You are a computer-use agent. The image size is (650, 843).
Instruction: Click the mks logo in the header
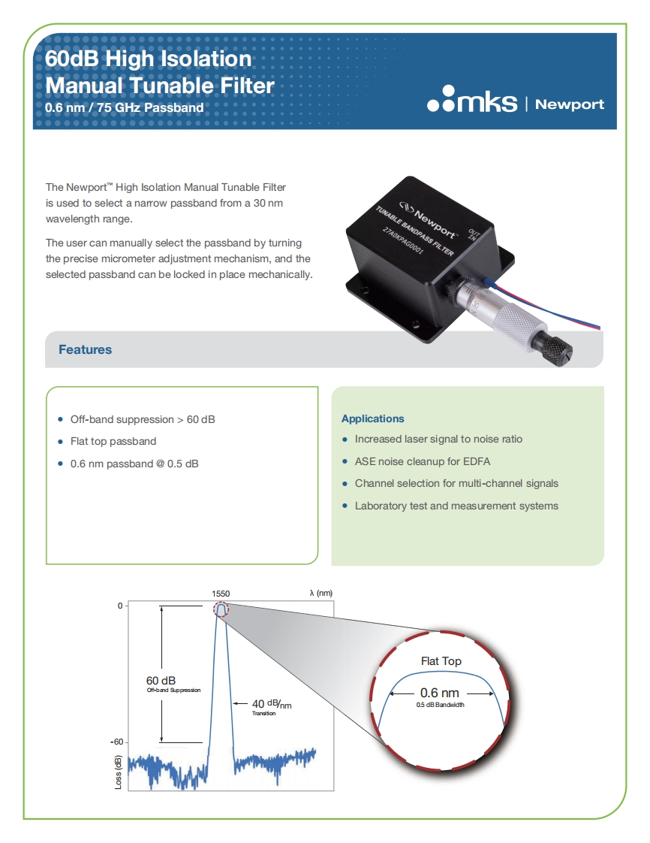(x=472, y=103)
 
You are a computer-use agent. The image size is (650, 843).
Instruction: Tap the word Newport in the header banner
(x=570, y=104)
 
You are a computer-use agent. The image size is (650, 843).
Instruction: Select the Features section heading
(x=85, y=349)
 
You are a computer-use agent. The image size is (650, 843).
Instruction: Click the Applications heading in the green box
(x=372, y=418)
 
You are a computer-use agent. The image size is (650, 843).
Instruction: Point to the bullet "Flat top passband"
(x=113, y=441)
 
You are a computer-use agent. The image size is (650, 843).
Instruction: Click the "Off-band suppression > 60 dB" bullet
(x=142, y=419)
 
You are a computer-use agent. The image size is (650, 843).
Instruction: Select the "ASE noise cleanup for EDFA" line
(x=422, y=461)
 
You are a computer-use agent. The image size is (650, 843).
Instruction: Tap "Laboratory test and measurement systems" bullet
(x=456, y=506)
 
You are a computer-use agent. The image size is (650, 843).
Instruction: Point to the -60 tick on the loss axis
(x=117, y=742)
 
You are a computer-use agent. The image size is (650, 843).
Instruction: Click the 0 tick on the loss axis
(x=119, y=606)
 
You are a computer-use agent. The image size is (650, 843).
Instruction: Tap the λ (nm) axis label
(x=320, y=593)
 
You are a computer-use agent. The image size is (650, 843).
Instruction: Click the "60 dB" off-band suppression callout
(x=161, y=681)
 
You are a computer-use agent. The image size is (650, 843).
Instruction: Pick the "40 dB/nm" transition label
(x=270, y=705)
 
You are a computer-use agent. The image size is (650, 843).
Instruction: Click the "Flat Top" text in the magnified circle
(x=441, y=661)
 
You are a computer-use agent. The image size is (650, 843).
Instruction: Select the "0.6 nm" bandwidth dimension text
(x=440, y=693)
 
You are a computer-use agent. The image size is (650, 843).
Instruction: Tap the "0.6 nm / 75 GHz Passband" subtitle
(x=125, y=107)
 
